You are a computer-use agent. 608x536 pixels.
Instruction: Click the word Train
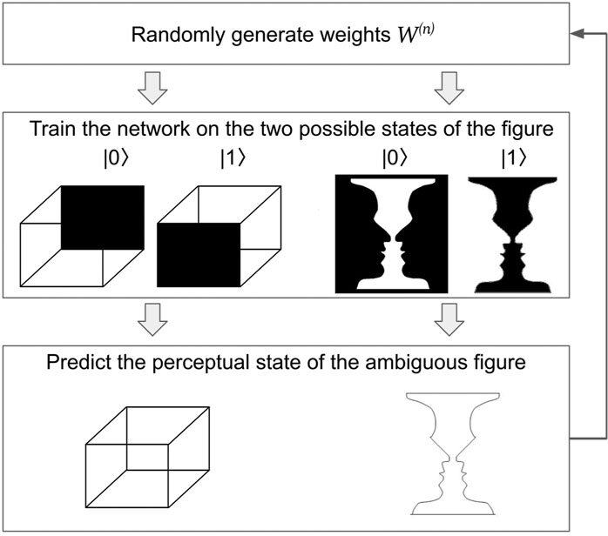click(51, 127)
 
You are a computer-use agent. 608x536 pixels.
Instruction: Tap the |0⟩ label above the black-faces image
click(390, 158)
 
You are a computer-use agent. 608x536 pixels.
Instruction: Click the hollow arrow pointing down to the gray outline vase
click(447, 321)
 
